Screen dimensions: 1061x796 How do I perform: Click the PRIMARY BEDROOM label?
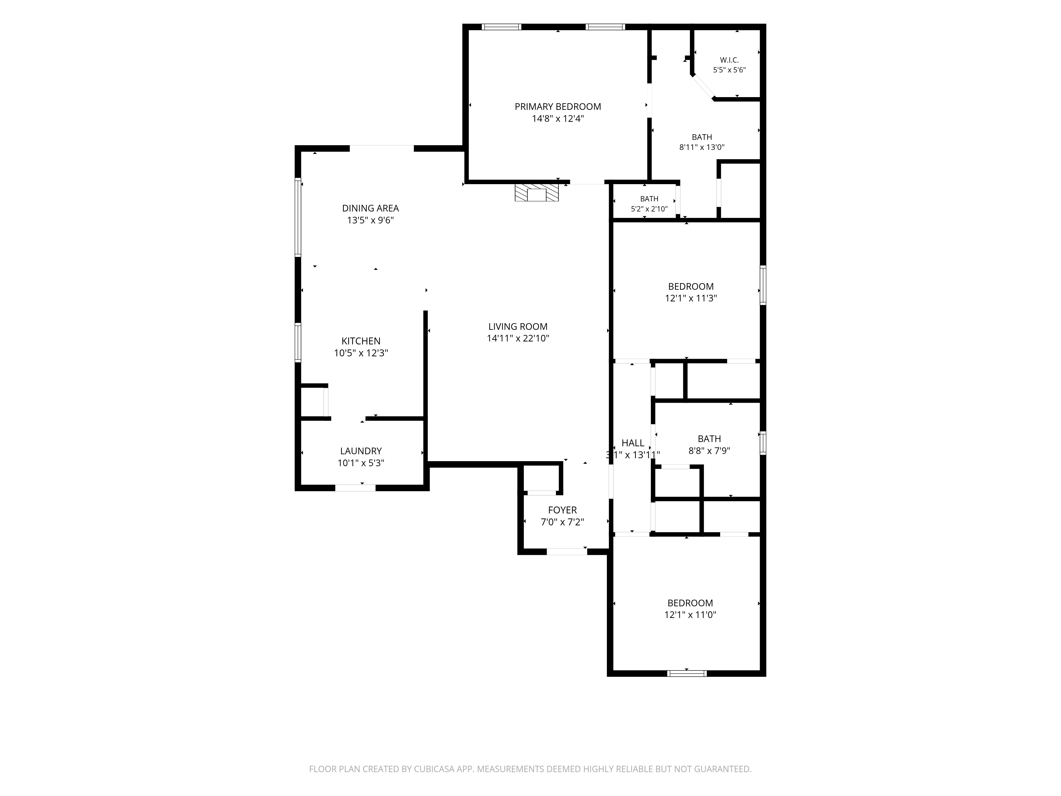pos(558,106)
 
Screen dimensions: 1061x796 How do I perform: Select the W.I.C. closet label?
pos(729,60)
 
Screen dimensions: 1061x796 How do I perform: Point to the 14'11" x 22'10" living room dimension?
pos(518,338)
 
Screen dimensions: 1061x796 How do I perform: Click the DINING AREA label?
pos(370,208)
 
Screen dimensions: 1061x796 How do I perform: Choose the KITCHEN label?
pos(361,341)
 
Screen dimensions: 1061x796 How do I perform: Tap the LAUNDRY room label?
pos(361,451)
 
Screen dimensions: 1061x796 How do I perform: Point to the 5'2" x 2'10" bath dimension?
pos(649,209)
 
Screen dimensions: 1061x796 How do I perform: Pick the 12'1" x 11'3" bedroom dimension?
pos(691,298)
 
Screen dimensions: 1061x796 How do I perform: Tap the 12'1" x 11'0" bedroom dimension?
pos(690,615)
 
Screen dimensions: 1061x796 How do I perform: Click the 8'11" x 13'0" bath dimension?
pos(702,147)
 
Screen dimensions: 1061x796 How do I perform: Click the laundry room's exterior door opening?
pos(355,488)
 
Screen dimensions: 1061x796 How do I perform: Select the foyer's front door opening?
pos(567,552)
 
